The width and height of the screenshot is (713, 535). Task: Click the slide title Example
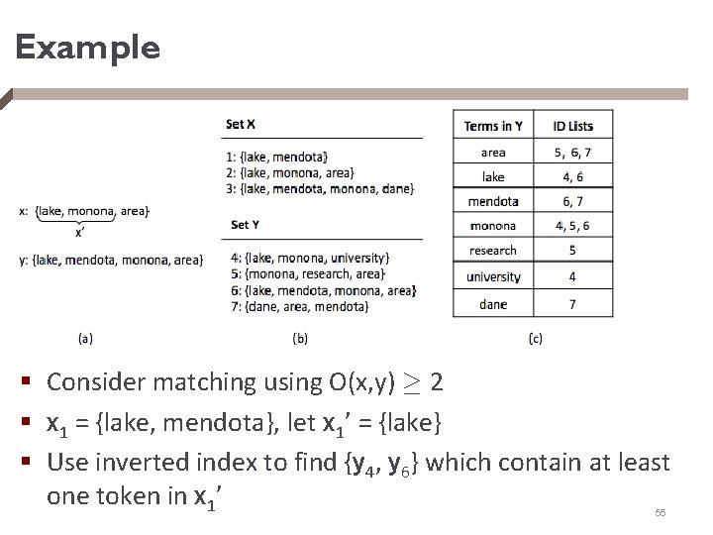(87, 48)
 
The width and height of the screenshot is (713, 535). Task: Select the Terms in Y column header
(493, 126)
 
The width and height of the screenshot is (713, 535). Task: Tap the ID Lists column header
(572, 126)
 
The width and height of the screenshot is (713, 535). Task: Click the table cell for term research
(493, 251)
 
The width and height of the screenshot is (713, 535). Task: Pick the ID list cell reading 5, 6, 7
(572, 153)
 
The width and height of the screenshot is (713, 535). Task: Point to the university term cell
(493, 277)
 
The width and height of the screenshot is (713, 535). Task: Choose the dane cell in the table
(493, 304)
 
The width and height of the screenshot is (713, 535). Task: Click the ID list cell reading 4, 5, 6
(572, 226)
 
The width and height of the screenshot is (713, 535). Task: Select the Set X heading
(241, 125)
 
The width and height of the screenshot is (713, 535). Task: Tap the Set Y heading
(241, 226)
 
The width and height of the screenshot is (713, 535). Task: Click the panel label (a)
(85, 338)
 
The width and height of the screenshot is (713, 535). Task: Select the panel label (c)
(535, 338)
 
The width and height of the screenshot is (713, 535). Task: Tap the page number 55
(661, 513)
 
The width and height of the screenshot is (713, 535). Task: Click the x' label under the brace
(80, 234)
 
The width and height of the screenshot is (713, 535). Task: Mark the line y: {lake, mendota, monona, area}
(111, 260)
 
